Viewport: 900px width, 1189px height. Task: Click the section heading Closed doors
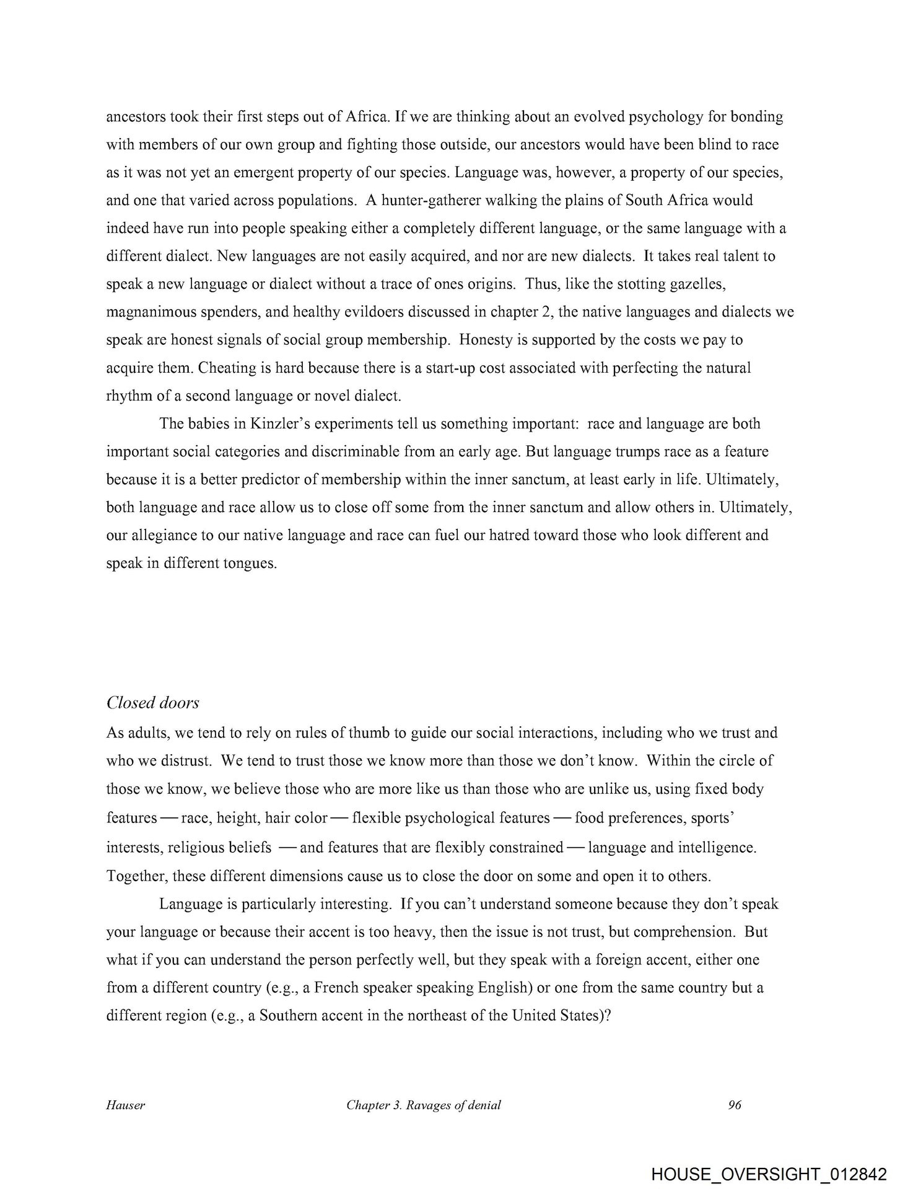point(152,703)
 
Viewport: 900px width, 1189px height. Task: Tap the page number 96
point(735,1105)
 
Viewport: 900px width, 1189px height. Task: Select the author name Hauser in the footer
point(125,1105)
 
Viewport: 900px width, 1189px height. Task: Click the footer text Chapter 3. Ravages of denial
point(424,1105)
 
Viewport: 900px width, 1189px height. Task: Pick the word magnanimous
point(149,312)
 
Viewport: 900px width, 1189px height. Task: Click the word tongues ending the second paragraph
point(250,564)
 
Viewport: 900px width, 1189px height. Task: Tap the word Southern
point(290,1016)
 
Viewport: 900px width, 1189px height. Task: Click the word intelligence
point(717,847)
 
